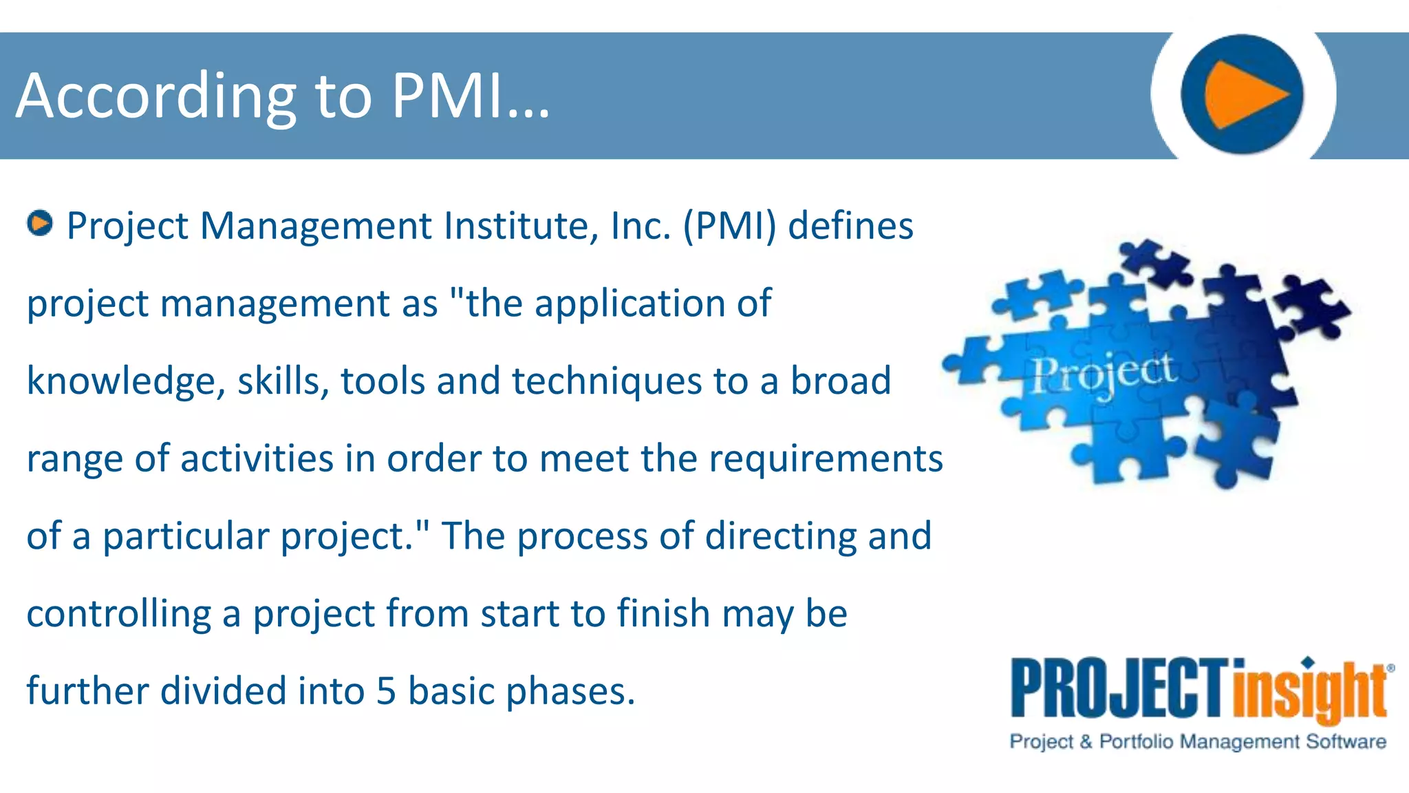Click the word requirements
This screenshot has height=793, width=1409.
coord(826,459)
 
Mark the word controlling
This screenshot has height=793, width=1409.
coord(119,614)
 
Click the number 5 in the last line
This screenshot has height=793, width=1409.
coord(386,691)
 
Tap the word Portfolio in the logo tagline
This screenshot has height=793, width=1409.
coord(1136,741)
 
